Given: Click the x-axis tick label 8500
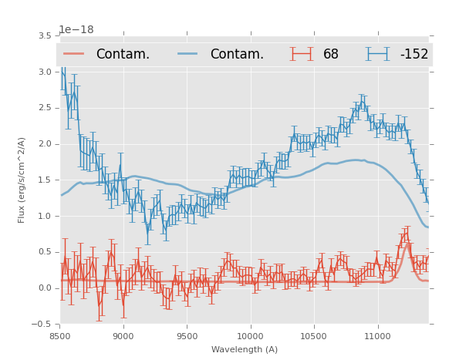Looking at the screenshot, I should pos(60,336).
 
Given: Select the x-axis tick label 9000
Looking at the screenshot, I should pos(123,336).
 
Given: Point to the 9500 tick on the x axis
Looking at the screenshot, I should pos(187,336).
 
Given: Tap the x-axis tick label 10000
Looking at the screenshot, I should pos(251,336).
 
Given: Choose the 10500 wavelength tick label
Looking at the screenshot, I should pos(314,336).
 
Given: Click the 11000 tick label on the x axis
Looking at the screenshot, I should pos(378,336).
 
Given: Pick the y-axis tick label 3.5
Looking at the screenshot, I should pos(44,35).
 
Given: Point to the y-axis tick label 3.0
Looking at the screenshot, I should pos(44,72).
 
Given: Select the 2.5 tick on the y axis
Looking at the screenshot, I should pos(44,108).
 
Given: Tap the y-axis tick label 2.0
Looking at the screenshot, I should pos(44,144).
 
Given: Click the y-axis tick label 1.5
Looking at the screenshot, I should pos(44,180).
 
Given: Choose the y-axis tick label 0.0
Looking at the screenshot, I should pos(44,288).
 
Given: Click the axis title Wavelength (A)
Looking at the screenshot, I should pos(245,349).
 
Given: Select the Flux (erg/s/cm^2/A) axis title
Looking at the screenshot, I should pos(22,180).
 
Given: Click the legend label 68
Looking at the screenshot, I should pos(331,55).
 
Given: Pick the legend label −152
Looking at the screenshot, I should pos(414,55).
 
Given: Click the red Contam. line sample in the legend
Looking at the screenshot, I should pos(73,54).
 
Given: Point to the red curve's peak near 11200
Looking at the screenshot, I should pos(407,242).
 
